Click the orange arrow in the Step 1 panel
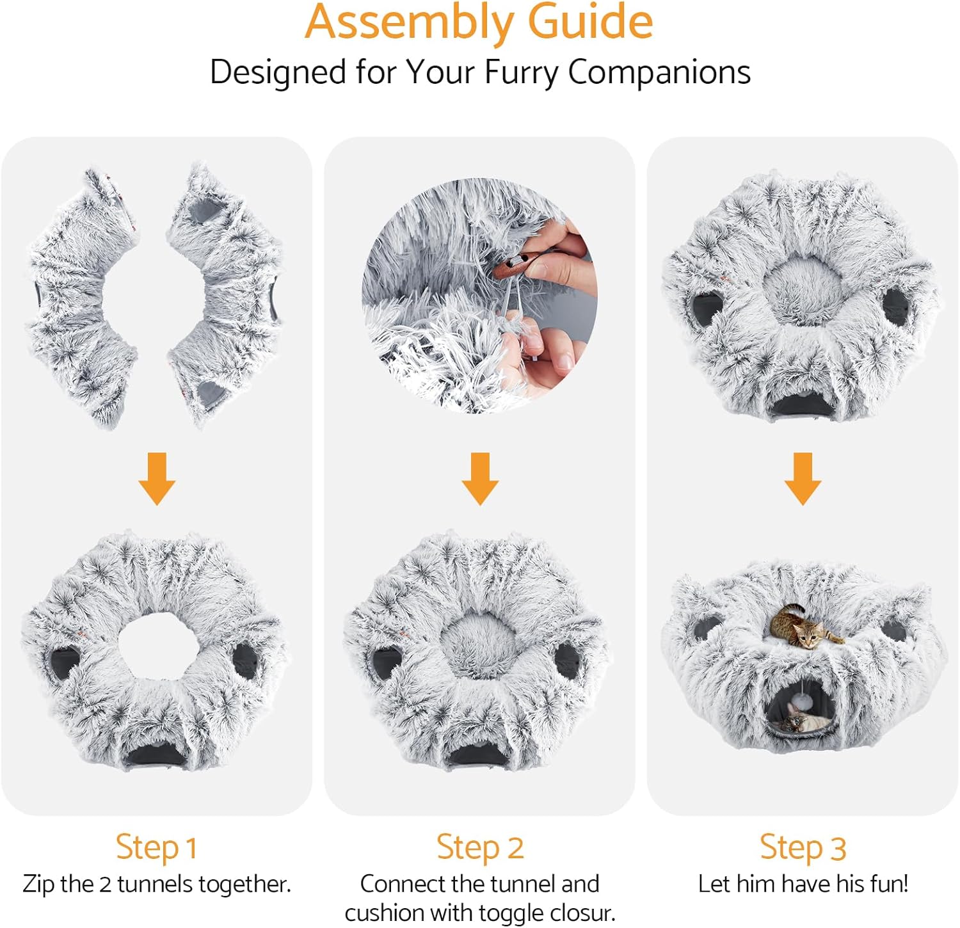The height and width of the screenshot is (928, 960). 157,478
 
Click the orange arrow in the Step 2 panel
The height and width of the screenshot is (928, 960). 480,478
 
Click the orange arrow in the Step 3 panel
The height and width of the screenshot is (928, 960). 803,478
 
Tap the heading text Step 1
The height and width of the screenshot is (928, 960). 156,847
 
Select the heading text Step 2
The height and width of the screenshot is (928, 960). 480,847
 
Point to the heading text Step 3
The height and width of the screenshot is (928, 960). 803,847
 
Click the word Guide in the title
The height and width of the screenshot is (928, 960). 589,22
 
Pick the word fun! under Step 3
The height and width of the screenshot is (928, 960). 886,884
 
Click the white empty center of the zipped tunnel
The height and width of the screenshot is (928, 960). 154,643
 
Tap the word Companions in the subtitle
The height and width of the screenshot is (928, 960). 659,72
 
